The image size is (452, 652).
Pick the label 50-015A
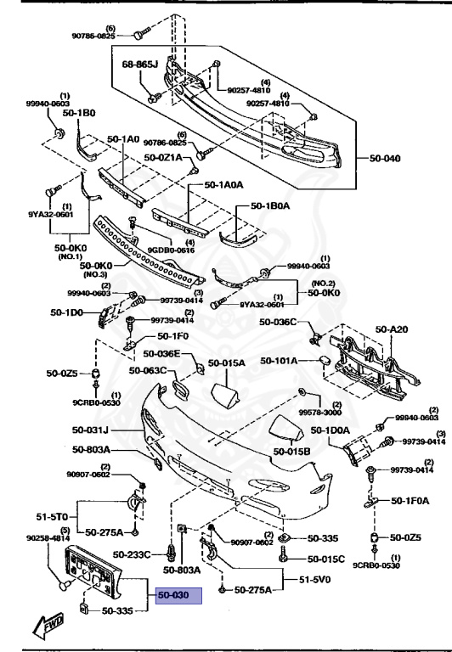[x=227, y=363]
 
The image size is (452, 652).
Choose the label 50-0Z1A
[x=164, y=157]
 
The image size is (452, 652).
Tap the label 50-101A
[x=278, y=360]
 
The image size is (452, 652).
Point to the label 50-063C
[x=148, y=370]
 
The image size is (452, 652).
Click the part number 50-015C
[x=325, y=559]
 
